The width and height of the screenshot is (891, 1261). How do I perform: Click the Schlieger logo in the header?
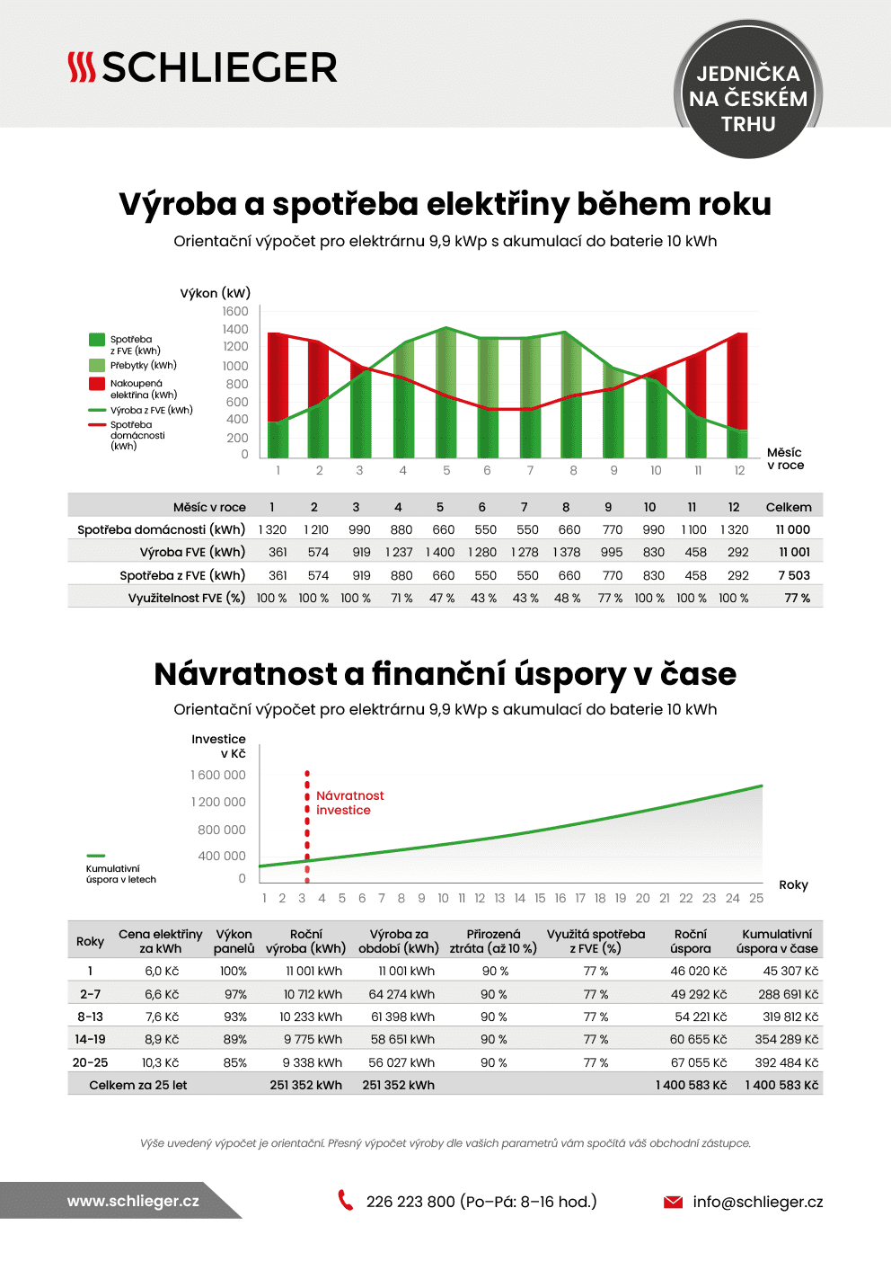(x=202, y=67)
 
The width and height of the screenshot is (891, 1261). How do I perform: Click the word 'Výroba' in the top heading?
(x=178, y=204)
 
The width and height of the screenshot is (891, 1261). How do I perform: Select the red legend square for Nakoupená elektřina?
(x=97, y=384)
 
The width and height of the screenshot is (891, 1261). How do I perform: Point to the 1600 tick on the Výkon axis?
(x=235, y=311)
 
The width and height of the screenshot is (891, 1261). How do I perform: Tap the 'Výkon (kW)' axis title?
(x=216, y=293)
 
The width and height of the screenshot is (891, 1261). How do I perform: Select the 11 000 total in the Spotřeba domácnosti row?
(x=793, y=529)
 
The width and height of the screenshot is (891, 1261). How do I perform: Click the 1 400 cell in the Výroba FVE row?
(x=440, y=552)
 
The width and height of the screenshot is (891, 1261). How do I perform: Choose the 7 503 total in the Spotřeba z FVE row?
(x=794, y=575)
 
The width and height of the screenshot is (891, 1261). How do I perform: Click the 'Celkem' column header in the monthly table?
(x=789, y=507)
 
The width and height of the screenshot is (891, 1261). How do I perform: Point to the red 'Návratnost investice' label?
(x=349, y=803)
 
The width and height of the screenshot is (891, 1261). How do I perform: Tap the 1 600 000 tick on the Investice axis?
(x=218, y=775)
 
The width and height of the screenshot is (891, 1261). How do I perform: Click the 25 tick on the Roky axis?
(x=756, y=898)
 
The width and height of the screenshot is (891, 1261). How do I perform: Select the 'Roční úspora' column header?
(x=690, y=941)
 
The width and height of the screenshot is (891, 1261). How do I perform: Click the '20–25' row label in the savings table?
(x=90, y=1062)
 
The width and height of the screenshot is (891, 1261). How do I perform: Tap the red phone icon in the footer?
(x=346, y=1200)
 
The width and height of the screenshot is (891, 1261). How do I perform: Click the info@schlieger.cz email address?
(x=757, y=1202)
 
